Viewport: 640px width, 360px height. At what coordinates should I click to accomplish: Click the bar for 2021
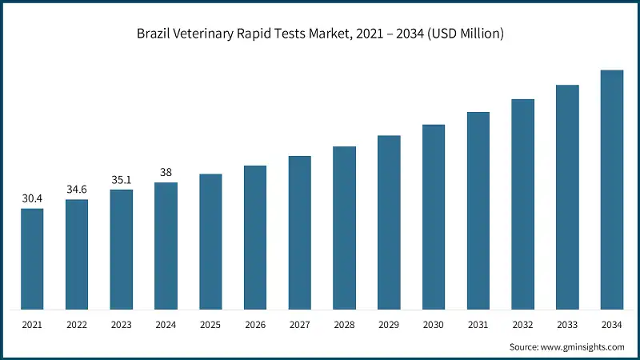pos(32,259)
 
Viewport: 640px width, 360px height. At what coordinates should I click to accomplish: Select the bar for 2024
pos(166,246)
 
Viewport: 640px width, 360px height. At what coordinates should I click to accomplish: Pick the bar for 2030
pos(434,217)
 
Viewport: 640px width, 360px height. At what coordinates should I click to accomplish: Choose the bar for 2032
pos(522,204)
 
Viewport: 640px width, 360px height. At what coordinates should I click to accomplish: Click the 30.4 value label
pos(32,198)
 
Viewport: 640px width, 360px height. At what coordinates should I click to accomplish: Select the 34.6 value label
pos(77,189)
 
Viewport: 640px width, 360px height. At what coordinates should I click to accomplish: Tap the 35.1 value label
pos(122,179)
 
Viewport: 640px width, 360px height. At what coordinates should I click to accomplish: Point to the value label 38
pos(166,172)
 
